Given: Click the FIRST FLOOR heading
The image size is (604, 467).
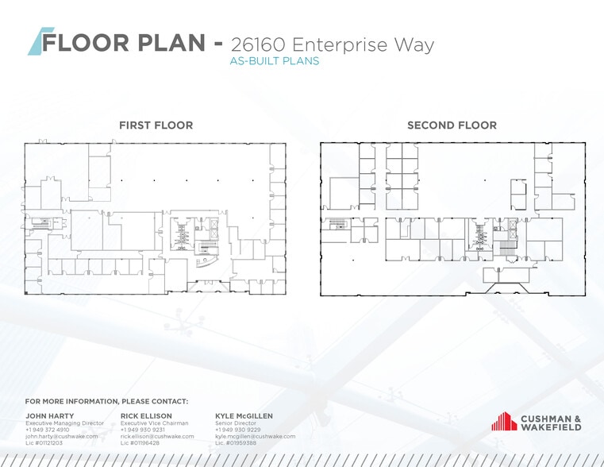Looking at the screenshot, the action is pyautogui.click(x=156, y=125).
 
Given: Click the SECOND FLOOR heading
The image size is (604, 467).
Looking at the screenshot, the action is pyautogui.click(x=452, y=125).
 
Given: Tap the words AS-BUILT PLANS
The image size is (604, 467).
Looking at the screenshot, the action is pyautogui.click(x=275, y=61).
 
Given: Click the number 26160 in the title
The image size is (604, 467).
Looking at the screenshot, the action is pyautogui.click(x=258, y=44).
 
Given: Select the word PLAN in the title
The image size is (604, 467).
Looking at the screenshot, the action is pyautogui.click(x=171, y=42).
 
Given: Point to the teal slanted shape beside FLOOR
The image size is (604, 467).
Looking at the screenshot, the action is pyautogui.click(x=40, y=41).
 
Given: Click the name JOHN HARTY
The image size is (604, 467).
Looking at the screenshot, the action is pyautogui.click(x=50, y=415).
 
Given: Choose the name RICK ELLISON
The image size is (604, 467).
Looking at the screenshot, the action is pyautogui.click(x=146, y=415).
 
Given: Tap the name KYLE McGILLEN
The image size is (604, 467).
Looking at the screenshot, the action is pyautogui.click(x=244, y=415).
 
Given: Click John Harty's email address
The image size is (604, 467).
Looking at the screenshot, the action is pyautogui.click(x=62, y=436).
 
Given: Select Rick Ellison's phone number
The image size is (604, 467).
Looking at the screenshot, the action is pyautogui.click(x=143, y=430).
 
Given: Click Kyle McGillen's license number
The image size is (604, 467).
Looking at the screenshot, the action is pyautogui.click(x=236, y=442).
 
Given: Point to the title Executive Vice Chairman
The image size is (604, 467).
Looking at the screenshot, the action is pyautogui.click(x=155, y=423).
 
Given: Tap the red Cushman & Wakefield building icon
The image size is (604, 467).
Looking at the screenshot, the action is pyautogui.click(x=504, y=421).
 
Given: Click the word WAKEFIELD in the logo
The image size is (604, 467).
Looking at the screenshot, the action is pyautogui.click(x=552, y=427).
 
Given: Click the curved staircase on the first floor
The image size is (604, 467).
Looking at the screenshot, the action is pyautogui.click(x=206, y=262).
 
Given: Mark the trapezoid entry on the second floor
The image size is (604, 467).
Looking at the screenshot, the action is pyautogui.click(x=506, y=288).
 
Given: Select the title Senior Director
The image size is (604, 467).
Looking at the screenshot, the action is pyautogui.click(x=236, y=423).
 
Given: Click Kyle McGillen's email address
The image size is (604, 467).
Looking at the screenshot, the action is pyautogui.click(x=256, y=436).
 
